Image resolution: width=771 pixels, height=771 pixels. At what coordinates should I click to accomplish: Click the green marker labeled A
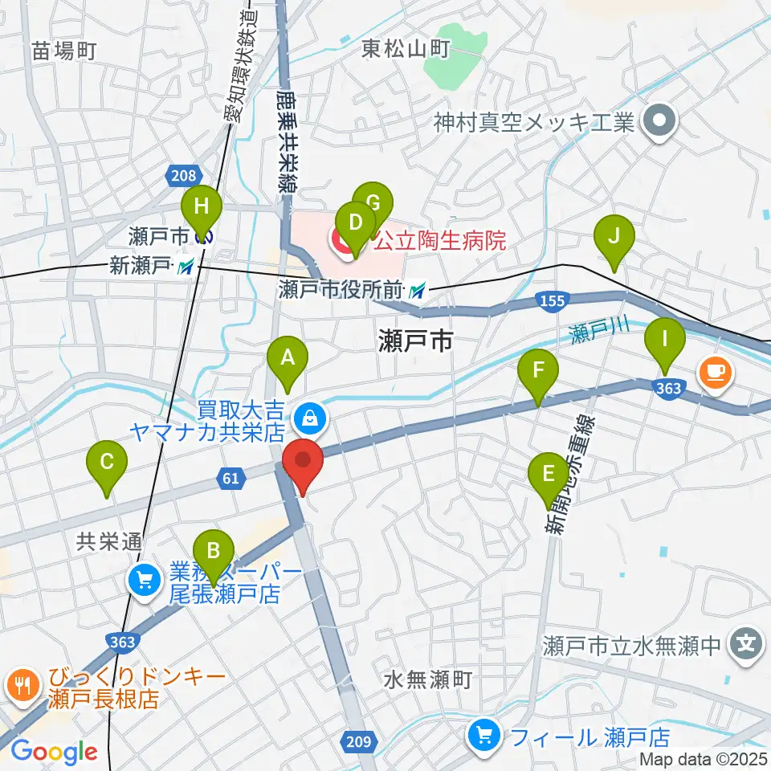pos(288,359)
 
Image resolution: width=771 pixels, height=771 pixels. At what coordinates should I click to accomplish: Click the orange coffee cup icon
pos(714,371)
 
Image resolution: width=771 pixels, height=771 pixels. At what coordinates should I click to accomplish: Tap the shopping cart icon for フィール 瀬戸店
pos(483,733)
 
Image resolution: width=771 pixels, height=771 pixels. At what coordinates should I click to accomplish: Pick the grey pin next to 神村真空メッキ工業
pos(660,122)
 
